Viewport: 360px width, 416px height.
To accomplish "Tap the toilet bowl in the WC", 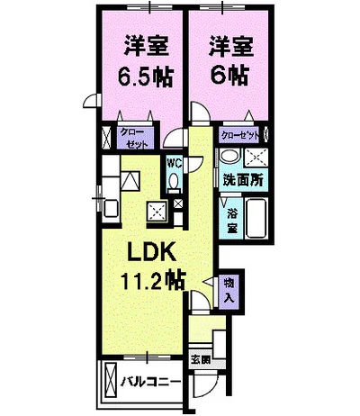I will pyautogui.click(x=173, y=183).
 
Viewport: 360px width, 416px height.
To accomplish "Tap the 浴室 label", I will pyautogui.click(x=230, y=220).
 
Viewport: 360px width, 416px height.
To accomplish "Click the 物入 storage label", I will pyautogui.click(x=229, y=291).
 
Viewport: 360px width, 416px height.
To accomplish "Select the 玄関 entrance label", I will pyautogui.click(x=200, y=361).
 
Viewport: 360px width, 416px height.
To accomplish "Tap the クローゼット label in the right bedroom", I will pyautogui.click(x=241, y=135).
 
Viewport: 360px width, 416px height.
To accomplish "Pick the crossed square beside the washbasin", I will pyautogui.click(x=255, y=158).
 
